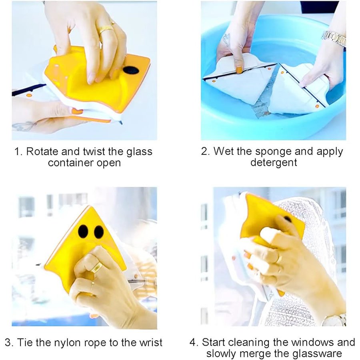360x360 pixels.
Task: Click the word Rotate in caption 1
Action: tap(41, 152)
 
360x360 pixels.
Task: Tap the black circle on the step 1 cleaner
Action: tap(131, 70)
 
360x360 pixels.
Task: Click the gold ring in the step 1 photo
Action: tap(106, 29)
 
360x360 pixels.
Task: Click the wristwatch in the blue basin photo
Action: tap(334, 38)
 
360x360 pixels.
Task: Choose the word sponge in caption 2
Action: tap(272, 152)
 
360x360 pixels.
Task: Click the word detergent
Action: tap(274, 163)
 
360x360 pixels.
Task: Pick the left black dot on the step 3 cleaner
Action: tap(83, 232)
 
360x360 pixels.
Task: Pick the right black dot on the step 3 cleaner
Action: tap(98, 232)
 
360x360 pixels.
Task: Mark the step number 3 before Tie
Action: tap(8, 342)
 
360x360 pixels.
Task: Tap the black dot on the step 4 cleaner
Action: tap(287, 219)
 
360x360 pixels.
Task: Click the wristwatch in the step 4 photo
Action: tap(334, 320)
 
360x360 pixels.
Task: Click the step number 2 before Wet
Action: tap(204, 152)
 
